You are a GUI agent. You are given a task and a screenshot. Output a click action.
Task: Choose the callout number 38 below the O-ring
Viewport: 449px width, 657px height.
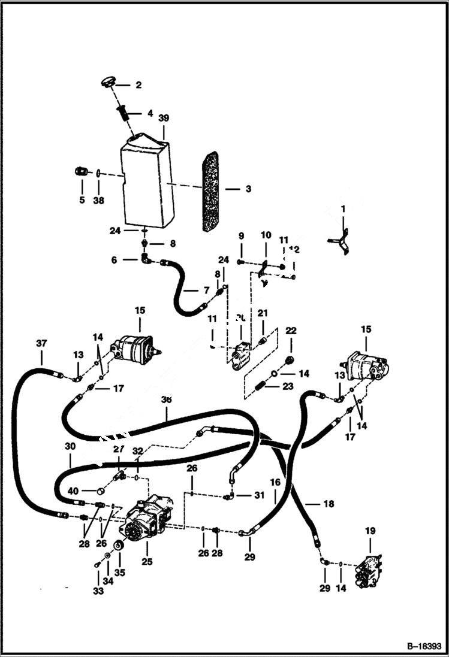tap(98, 200)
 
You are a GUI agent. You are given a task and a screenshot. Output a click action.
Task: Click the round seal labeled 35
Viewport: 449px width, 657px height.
tap(119, 547)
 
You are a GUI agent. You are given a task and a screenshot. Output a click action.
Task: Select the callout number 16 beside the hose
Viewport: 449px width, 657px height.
tap(275, 481)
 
